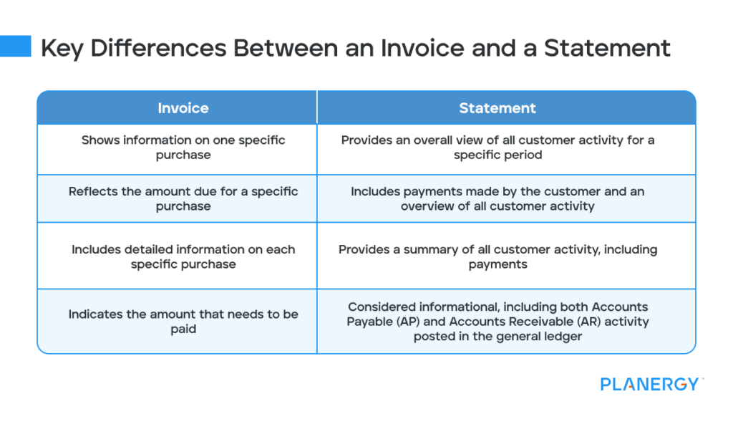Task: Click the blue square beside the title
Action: coord(16,46)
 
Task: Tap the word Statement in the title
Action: coord(607,48)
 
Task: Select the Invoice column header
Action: coord(183,108)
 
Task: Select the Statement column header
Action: coord(497,108)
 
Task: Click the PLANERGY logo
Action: coord(650,384)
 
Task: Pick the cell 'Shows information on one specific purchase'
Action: coord(183,148)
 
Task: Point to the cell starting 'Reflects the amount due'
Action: coord(183,199)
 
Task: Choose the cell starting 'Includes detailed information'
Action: coord(183,256)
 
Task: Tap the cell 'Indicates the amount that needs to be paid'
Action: coord(183,321)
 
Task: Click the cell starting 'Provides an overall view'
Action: coord(497,148)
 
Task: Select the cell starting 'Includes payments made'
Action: coord(497,199)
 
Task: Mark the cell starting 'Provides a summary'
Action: coord(497,256)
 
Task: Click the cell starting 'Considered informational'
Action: coord(497,321)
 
